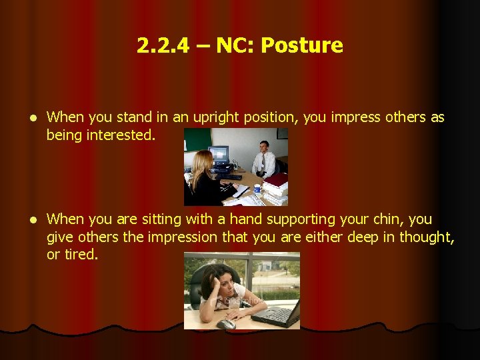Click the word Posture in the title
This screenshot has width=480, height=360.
click(x=302, y=45)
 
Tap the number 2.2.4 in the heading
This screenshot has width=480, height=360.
click(x=162, y=45)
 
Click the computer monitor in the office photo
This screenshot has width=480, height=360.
click(x=219, y=155)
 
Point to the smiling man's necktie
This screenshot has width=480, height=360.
click(x=264, y=161)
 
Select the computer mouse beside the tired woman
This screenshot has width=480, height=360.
click(x=227, y=324)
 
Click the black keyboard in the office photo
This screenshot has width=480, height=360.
click(x=231, y=177)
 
